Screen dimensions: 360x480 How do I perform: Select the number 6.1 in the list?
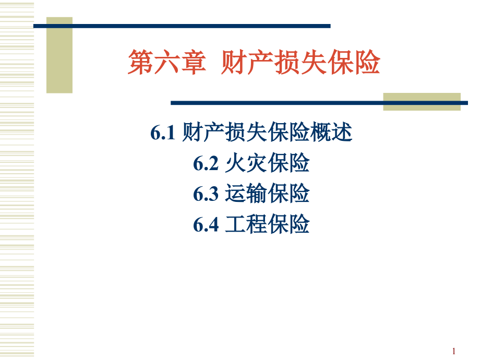pyautogui.click(x=162, y=134)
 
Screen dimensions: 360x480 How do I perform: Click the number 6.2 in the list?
pyautogui.click(x=205, y=164)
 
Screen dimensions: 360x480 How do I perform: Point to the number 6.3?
pyautogui.click(x=205, y=194)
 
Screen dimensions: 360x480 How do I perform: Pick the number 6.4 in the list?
pyautogui.click(x=205, y=224)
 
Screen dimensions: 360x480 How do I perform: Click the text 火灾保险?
pyautogui.click(x=267, y=164)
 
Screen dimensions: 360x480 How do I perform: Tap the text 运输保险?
pyautogui.click(x=267, y=194)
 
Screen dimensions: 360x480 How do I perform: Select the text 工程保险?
pyautogui.click(x=267, y=224)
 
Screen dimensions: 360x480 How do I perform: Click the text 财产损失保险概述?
pyautogui.click(x=268, y=134)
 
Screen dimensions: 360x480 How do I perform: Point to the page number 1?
pyautogui.click(x=454, y=351)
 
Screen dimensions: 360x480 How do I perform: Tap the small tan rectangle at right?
pyautogui.click(x=422, y=101)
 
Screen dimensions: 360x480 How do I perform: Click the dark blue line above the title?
pyautogui.click(x=183, y=26)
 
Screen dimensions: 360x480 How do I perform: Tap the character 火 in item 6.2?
pyautogui.click(x=235, y=164)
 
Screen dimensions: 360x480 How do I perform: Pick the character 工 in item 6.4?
pyautogui.click(x=235, y=224)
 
